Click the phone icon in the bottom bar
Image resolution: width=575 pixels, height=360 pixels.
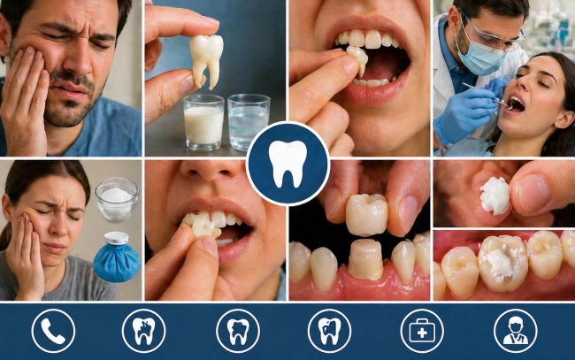pyautogui.click(x=53, y=331)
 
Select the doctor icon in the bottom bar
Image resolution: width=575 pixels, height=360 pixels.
pyautogui.click(x=515, y=331)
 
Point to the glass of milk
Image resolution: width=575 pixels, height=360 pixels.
pyautogui.click(x=203, y=124)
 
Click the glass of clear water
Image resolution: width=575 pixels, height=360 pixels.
pyautogui.click(x=248, y=124)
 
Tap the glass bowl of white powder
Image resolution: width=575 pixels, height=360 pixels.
pyautogui.click(x=117, y=198)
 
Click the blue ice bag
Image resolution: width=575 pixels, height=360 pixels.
pyautogui.click(x=118, y=258)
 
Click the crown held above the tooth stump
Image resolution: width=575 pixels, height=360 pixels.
pyautogui.click(x=366, y=214)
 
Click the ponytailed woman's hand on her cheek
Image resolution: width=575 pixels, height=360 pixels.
pyautogui.click(x=24, y=257)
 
